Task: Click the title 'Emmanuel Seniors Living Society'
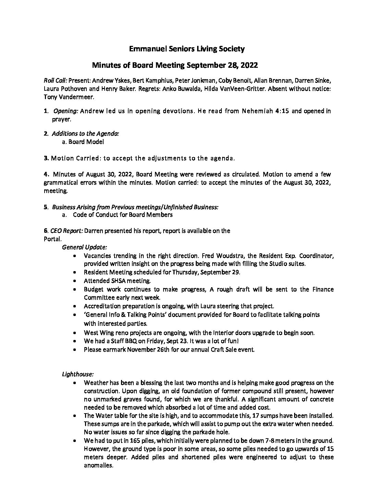(186, 49)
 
